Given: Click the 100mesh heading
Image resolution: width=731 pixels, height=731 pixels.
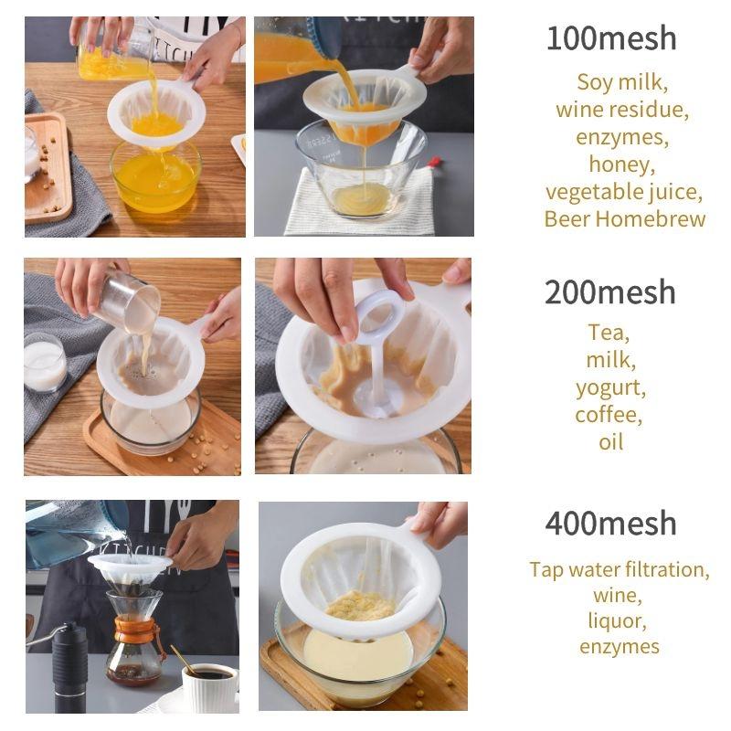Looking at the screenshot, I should tap(611, 38).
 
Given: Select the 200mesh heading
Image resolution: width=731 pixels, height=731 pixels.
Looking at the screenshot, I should tap(610, 292).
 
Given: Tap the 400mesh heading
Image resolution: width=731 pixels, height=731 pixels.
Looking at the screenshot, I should tap(611, 524).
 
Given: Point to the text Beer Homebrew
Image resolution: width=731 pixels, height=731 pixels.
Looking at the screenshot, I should tap(625, 219).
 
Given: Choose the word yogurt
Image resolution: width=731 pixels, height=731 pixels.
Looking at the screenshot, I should tap(610, 387).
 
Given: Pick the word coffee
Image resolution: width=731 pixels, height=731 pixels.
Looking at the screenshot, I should tap(609, 415).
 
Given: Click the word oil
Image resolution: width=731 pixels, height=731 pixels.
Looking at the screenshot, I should tap(610, 442).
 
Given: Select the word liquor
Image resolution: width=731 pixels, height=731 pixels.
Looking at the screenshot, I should tap(619, 620).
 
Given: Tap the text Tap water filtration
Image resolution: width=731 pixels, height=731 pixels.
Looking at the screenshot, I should tap(620, 570).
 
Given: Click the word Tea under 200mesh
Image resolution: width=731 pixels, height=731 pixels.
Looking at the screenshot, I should tap(609, 333).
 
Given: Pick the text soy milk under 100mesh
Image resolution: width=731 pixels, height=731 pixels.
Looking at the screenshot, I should tap(622, 82).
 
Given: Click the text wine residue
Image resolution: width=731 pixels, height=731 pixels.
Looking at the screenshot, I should tap(622, 110).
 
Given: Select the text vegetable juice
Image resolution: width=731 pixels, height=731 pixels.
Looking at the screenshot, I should tap(624, 192).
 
